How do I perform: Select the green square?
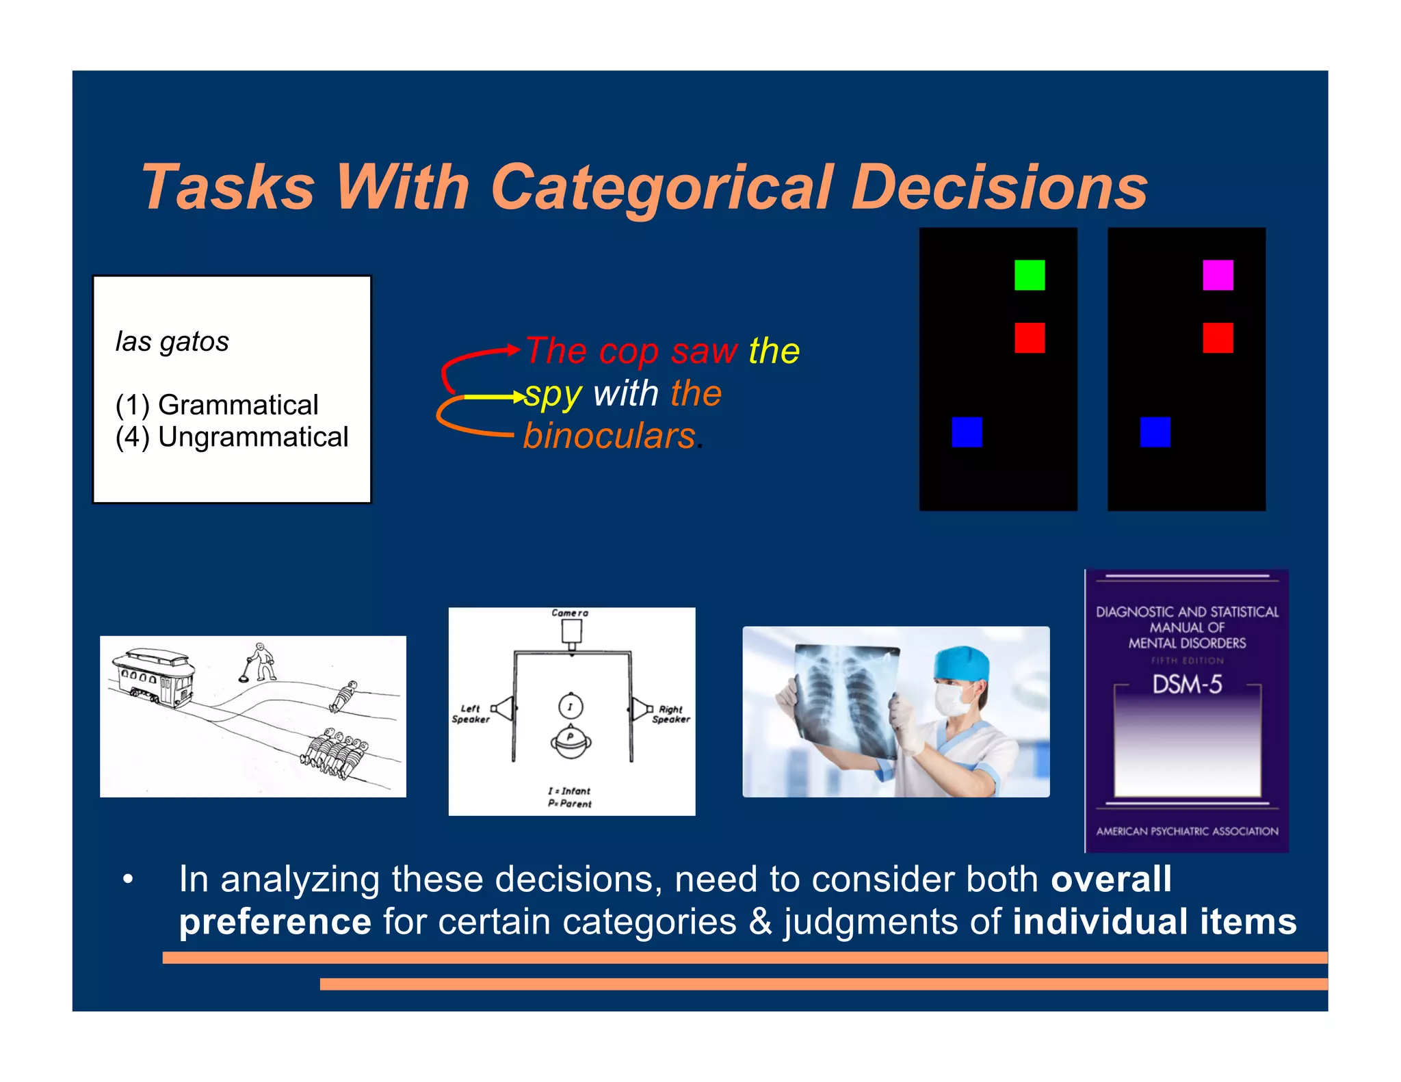[x=1029, y=275]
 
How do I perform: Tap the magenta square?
[x=1218, y=275]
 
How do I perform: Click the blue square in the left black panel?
[x=967, y=432]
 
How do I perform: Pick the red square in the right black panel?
[x=1218, y=338]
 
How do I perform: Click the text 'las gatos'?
[x=172, y=341]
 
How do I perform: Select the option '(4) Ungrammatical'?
[x=232, y=437]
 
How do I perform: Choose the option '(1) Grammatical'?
[x=217, y=405]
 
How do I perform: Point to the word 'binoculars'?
[x=610, y=436]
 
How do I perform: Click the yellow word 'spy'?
[x=553, y=395]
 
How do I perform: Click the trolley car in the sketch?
[x=155, y=677]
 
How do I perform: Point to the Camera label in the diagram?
[x=570, y=613]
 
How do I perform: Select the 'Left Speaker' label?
[x=471, y=714]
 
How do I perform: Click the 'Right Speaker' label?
[x=671, y=714]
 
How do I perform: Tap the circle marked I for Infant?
[x=571, y=706]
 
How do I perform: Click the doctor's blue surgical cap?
[x=961, y=661]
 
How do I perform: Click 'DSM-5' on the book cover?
[x=1187, y=685]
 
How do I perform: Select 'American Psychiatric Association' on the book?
[x=1187, y=832]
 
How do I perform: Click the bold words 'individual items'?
[x=1154, y=922]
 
